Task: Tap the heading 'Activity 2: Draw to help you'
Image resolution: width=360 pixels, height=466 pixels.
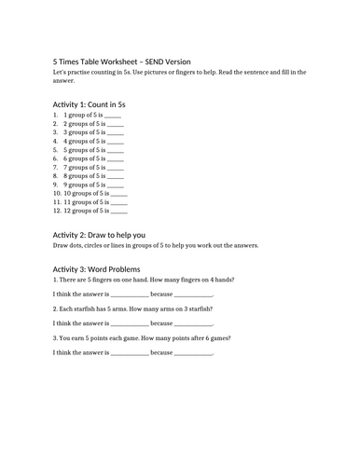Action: pyautogui.click(x=99, y=234)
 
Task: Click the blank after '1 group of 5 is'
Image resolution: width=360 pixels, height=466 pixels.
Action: pyautogui.click(x=117, y=115)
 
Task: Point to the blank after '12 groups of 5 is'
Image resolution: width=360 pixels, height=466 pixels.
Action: pyautogui.click(x=119, y=210)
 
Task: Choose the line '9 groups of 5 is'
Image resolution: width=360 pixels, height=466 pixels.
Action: pyautogui.click(x=83, y=184)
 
